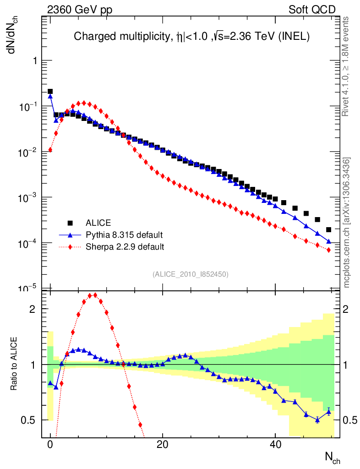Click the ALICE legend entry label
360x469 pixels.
coord(98,223)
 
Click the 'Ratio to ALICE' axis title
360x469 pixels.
coord(14,365)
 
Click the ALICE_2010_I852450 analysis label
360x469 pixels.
coord(190,274)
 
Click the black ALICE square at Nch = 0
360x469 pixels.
coord(50,92)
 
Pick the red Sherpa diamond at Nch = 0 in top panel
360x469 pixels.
coord(50,150)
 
